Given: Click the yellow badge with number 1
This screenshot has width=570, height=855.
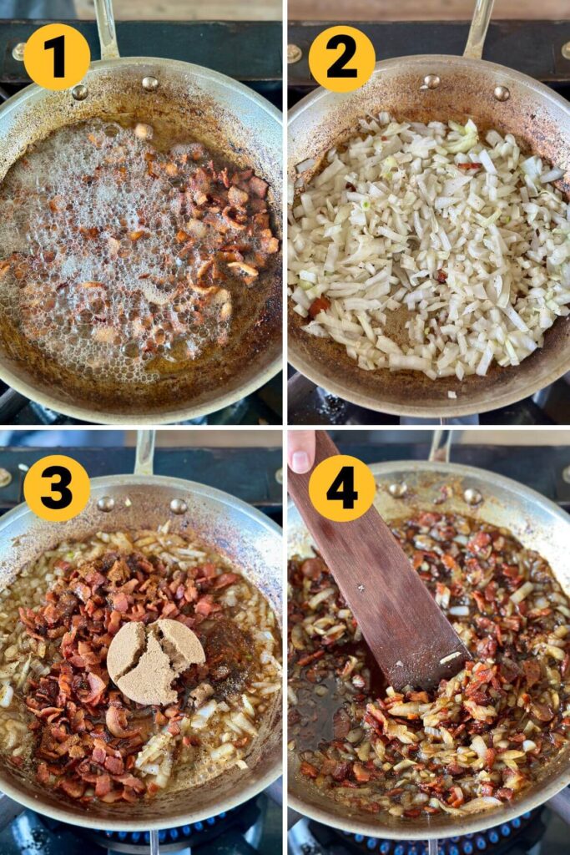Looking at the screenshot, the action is (57, 57).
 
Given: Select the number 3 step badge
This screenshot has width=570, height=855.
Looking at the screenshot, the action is (57, 488).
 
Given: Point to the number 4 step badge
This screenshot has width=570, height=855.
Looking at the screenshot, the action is (341, 488).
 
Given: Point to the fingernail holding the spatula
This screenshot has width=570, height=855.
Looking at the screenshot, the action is (300, 461).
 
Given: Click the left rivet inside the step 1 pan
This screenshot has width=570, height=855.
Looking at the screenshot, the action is (80, 92).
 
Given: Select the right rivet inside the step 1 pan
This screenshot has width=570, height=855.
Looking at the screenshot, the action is (150, 83).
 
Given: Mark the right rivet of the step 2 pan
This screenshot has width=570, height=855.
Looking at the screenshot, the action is (502, 94).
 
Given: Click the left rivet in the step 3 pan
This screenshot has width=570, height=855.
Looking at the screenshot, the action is (106, 503).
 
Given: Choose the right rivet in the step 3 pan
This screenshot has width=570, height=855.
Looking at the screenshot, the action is (179, 506).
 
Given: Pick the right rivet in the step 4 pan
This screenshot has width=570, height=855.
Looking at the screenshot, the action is (472, 496).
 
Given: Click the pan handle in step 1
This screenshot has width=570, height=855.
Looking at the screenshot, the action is (106, 28).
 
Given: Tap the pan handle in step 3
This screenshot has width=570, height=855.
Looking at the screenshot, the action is (145, 452).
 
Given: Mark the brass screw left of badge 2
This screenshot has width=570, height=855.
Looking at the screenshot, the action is (295, 53).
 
